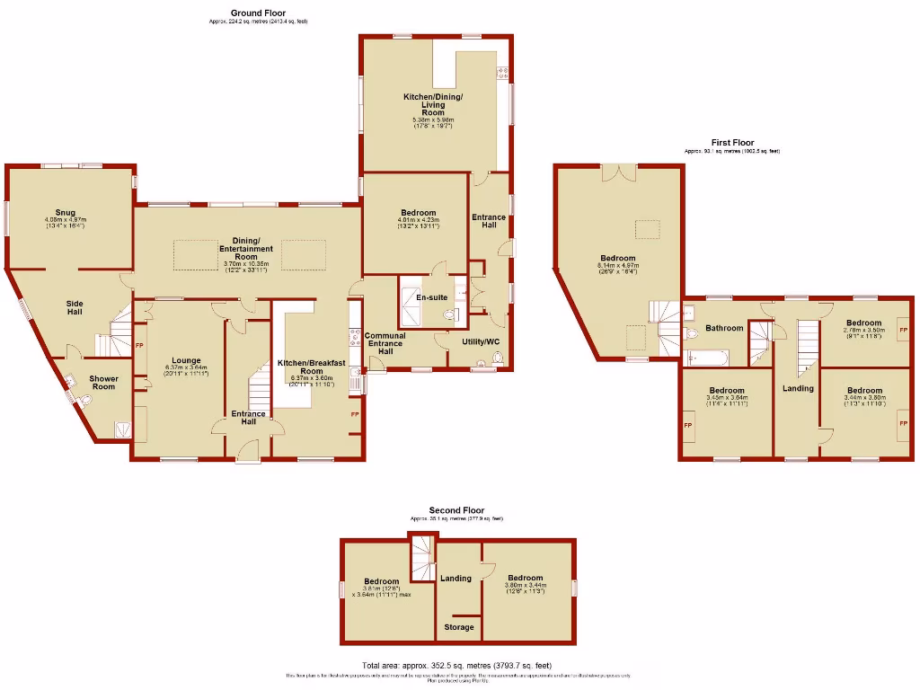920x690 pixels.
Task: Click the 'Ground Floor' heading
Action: click(258, 13)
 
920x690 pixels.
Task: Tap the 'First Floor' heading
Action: click(732, 142)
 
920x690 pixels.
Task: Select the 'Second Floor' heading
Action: click(456, 510)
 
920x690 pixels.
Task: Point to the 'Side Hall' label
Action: click(75, 306)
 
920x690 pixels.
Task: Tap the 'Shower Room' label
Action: click(104, 382)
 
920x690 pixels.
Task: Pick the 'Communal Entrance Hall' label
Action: click(385, 342)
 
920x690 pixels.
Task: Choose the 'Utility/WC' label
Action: click(481, 341)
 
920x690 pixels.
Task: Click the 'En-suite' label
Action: click(431, 296)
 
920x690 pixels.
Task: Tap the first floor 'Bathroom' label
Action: click(724, 328)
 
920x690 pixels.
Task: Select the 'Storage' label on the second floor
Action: click(458, 627)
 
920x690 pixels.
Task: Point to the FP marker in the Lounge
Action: click(139, 345)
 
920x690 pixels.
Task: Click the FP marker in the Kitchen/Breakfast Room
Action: click(355, 414)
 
